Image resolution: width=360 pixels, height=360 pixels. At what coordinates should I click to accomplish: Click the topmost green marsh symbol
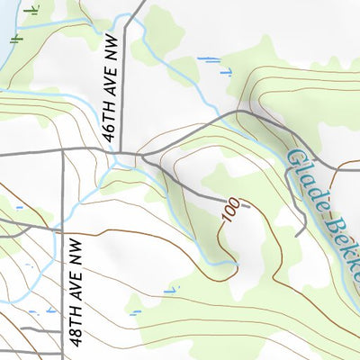pos(33,10)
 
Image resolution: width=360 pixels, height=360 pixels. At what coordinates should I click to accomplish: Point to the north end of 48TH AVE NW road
pos(63,151)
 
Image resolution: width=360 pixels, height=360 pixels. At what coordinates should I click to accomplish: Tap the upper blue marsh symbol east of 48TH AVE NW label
pos(171,290)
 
